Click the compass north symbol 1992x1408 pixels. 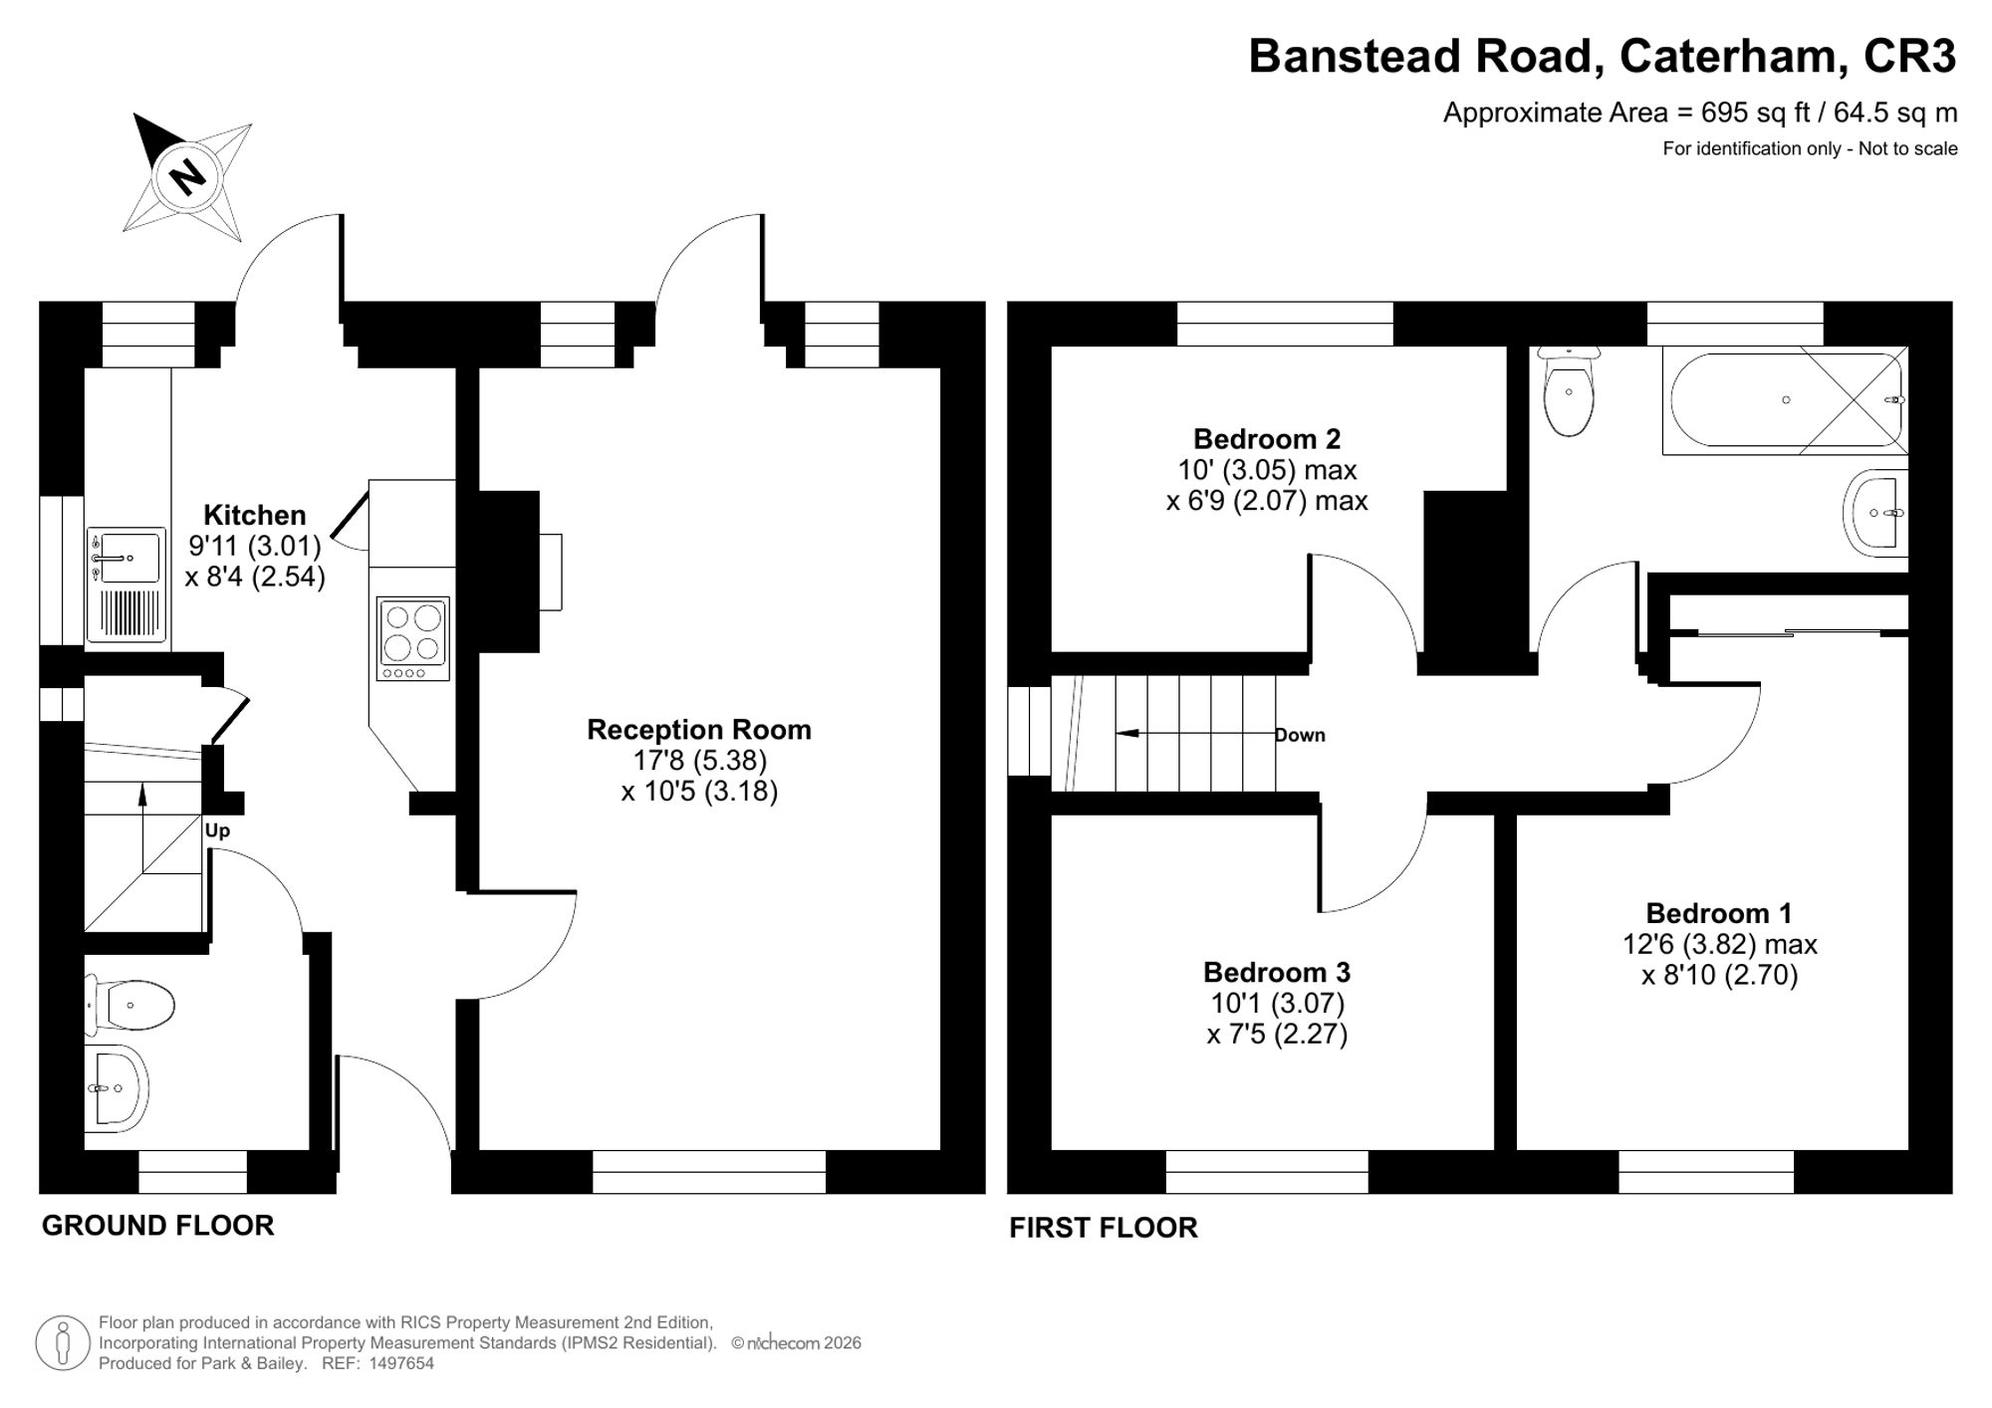pos(186,177)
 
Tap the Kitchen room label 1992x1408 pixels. pos(255,515)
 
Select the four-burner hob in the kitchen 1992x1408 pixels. pos(412,638)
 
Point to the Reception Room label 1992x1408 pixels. pos(699,730)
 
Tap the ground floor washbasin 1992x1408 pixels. pos(117,1087)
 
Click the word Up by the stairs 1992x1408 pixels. pos(217,830)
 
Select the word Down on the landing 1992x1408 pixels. pos(1300,735)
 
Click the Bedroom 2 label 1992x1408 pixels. pos(1267,439)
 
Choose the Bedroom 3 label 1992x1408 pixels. pos(1277,972)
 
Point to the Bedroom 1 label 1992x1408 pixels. pos(1719,913)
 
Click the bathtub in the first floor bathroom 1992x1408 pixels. pos(1785,400)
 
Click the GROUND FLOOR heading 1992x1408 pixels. pos(157,1226)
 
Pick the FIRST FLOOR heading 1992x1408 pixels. pos(1104,1228)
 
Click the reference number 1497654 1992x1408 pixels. pos(402,1363)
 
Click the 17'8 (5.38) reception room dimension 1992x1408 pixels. pos(700,761)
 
